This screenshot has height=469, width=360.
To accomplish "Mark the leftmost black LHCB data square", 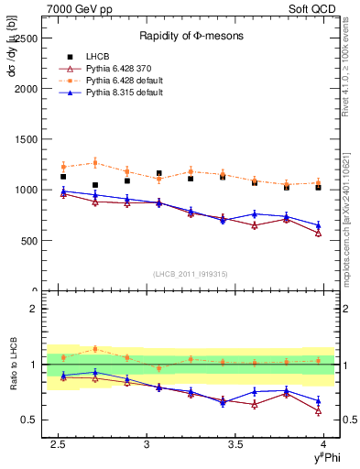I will pyautogui.click(x=63, y=177).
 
